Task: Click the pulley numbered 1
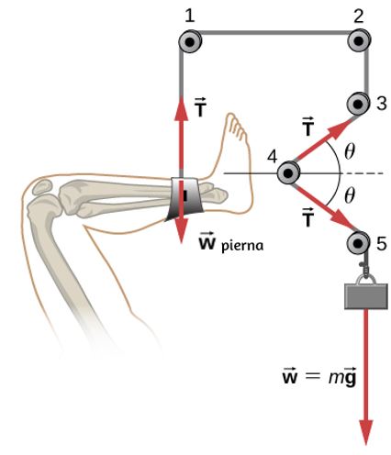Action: pos(190,42)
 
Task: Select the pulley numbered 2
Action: pos(360,41)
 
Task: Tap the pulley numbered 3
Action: pos(358,105)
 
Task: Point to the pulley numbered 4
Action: pos(288,173)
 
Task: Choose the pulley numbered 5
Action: pos(358,244)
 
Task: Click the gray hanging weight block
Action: pos(366,296)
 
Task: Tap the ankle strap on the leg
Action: pos(184,199)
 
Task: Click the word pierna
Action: pos(242,246)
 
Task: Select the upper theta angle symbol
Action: pos(350,151)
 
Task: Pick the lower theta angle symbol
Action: pos(350,195)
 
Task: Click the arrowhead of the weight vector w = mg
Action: pos(366,432)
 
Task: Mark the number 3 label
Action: pos(381,104)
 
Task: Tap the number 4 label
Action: pos(273,157)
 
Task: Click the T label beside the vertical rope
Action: pos(200,107)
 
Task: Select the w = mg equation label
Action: pos(319,378)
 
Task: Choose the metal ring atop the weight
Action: pos(366,280)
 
